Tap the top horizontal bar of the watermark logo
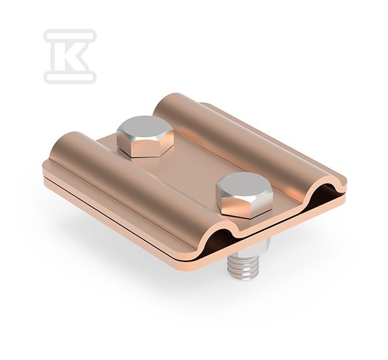(70, 36)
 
